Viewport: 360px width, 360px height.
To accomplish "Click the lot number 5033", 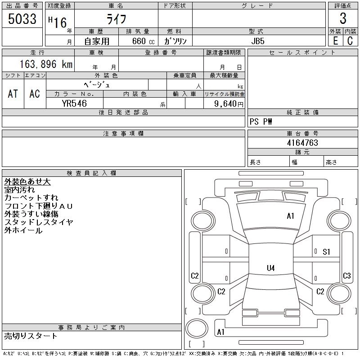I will [22, 19].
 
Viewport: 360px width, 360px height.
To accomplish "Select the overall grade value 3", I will [343, 19].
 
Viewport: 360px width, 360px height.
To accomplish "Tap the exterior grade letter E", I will [335, 40].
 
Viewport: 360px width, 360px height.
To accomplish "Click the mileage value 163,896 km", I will [45, 64].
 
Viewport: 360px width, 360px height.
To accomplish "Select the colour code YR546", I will [74, 103].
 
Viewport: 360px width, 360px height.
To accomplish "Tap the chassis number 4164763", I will [302, 143].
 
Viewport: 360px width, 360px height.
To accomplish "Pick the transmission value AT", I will [13, 94].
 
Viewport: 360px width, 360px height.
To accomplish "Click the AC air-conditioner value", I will [35, 94].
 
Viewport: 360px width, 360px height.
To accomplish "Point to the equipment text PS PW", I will [261, 122].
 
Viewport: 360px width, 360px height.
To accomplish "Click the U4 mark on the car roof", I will [270, 268].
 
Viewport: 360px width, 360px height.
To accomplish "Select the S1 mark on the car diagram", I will [326, 252].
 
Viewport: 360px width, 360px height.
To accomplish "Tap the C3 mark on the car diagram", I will [347, 276].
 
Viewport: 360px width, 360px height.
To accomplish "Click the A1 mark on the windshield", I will [291, 216].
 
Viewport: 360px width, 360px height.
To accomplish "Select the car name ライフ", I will [116, 19].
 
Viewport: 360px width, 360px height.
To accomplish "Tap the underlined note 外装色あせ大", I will [27, 182].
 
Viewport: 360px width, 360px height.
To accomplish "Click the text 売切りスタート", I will [31, 336].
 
